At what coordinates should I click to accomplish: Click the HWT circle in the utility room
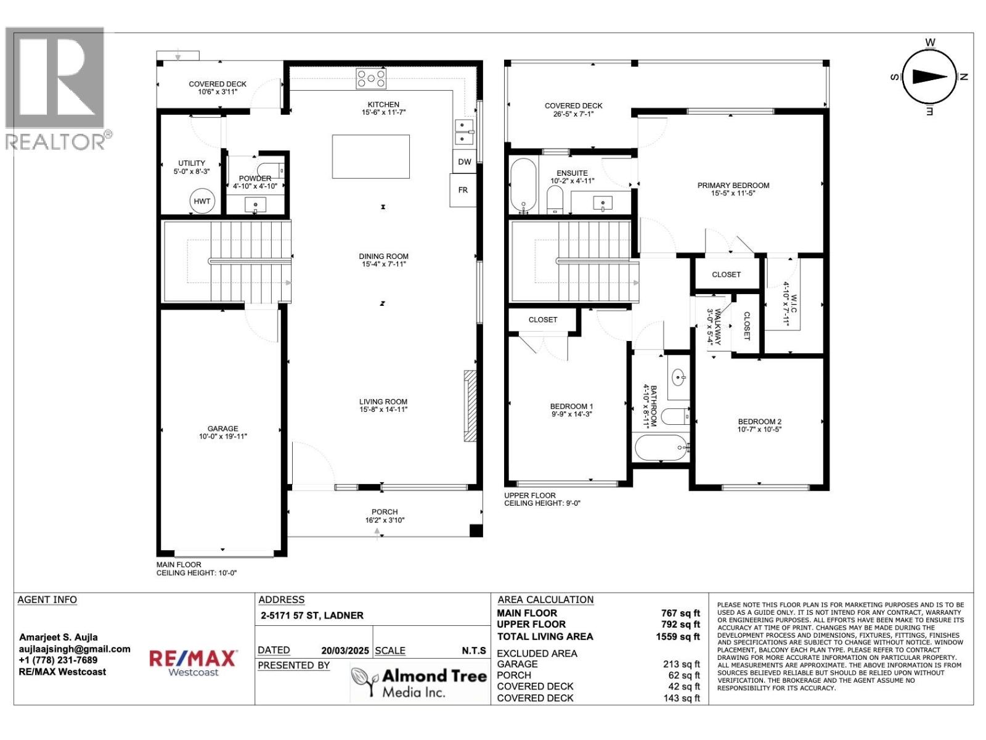click(x=202, y=201)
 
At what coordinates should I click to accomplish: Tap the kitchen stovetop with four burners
click(x=370, y=79)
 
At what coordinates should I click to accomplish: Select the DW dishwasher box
click(x=464, y=162)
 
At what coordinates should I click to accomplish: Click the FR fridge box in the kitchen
click(x=463, y=190)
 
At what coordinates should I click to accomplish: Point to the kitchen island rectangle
click(x=370, y=156)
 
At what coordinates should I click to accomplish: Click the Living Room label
click(x=383, y=401)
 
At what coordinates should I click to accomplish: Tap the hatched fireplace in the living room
click(x=470, y=405)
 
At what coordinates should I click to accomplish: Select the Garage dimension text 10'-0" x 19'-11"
click(x=222, y=437)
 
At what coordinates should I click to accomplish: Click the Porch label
click(x=384, y=512)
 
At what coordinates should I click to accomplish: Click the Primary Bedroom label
click(x=733, y=185)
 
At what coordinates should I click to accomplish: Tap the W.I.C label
click(x=794, y=303)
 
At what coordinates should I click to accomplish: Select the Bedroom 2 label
click(x=759, y=422)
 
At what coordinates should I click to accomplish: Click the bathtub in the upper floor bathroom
click(x=661, y=448)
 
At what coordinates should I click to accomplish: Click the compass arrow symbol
click(x=929, y=76)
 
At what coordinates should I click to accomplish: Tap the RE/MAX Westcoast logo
click(x=194, y=663)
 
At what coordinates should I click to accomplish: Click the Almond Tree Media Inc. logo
click(x=419, y=683)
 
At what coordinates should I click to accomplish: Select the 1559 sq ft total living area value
click(x=678, y=636)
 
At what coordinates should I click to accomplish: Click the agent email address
click(x=75, y=649)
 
